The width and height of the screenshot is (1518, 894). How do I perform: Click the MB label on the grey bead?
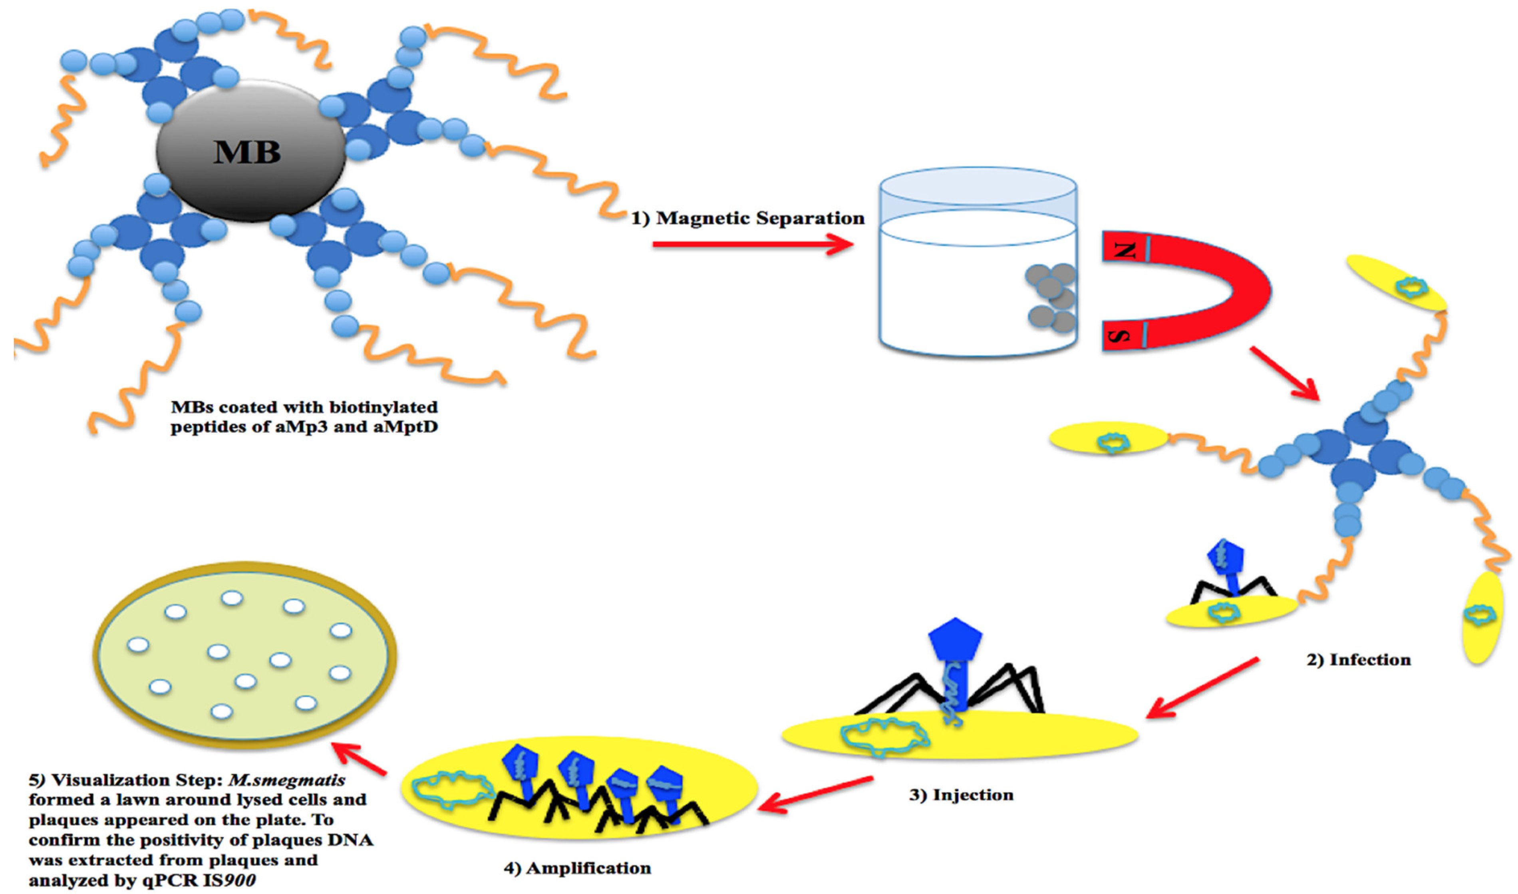click(247, 152)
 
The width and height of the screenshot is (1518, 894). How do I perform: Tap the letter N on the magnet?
click(1124, 249)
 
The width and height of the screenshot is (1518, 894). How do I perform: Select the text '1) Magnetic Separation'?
click(747, 218)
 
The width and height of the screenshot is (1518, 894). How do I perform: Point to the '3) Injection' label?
click(961, 795)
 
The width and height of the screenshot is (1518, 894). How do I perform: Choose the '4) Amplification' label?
click(577, 868)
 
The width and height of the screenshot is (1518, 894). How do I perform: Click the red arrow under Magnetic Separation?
click(753, 245)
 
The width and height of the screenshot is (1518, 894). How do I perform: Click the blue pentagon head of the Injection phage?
click(956, 639)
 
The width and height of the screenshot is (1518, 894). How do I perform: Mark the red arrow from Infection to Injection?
click(1202, 689)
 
